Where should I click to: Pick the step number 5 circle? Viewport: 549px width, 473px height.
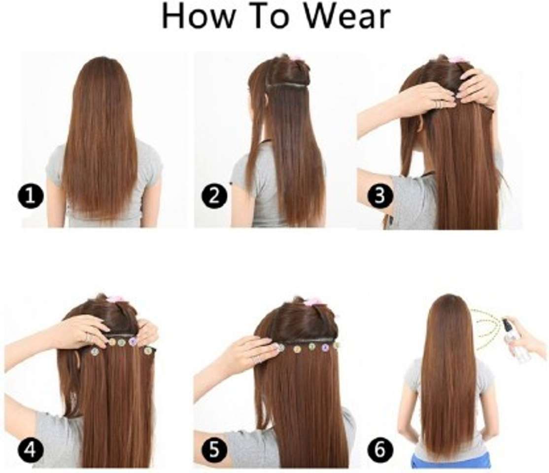215,449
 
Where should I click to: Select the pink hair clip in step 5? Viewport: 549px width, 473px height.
312,301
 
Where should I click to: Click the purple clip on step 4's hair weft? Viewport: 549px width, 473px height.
133,341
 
